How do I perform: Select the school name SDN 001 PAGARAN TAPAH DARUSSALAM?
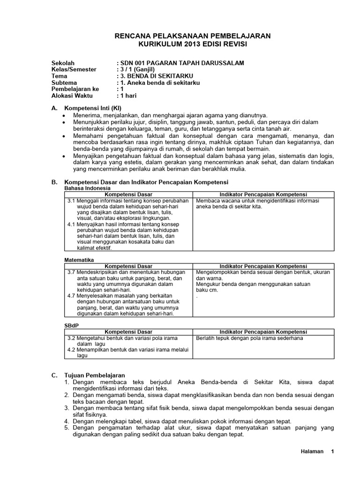[182, 63]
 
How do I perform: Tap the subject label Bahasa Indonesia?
[87, 187]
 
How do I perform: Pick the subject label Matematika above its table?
[79, 260]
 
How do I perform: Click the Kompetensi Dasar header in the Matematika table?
[128, 266]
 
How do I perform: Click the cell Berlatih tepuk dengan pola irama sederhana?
[249, 338]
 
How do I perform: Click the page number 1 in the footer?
[332, 452]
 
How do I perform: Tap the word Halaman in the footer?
[312, 452]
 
